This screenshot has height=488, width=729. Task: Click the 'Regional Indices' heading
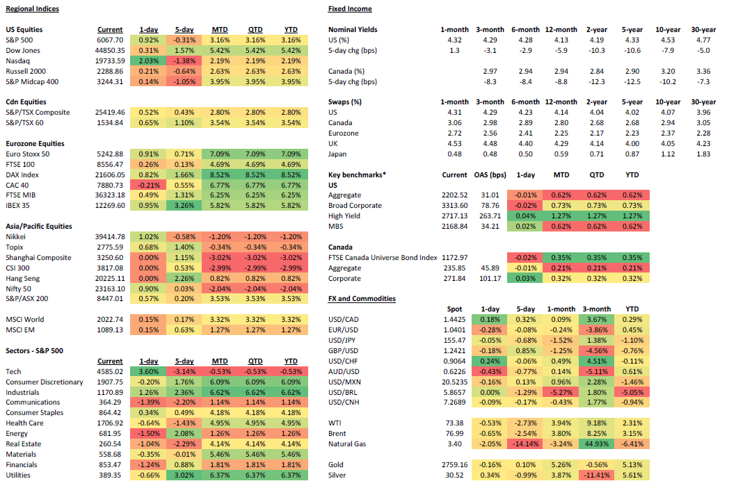32,9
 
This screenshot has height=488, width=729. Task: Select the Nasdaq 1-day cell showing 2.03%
148,61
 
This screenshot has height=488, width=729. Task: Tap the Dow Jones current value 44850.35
110,51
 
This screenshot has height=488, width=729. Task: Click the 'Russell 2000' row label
26,71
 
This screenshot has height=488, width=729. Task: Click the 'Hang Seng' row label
23,278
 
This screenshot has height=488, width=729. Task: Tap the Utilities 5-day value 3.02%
184,475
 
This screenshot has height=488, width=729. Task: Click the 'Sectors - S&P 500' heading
34,351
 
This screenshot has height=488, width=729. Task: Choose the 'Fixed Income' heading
349,9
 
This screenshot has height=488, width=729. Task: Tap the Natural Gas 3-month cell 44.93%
596,444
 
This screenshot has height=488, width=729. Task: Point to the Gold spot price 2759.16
455,465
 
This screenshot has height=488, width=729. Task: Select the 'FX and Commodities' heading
362,299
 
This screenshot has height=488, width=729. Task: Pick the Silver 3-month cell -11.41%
596,475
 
